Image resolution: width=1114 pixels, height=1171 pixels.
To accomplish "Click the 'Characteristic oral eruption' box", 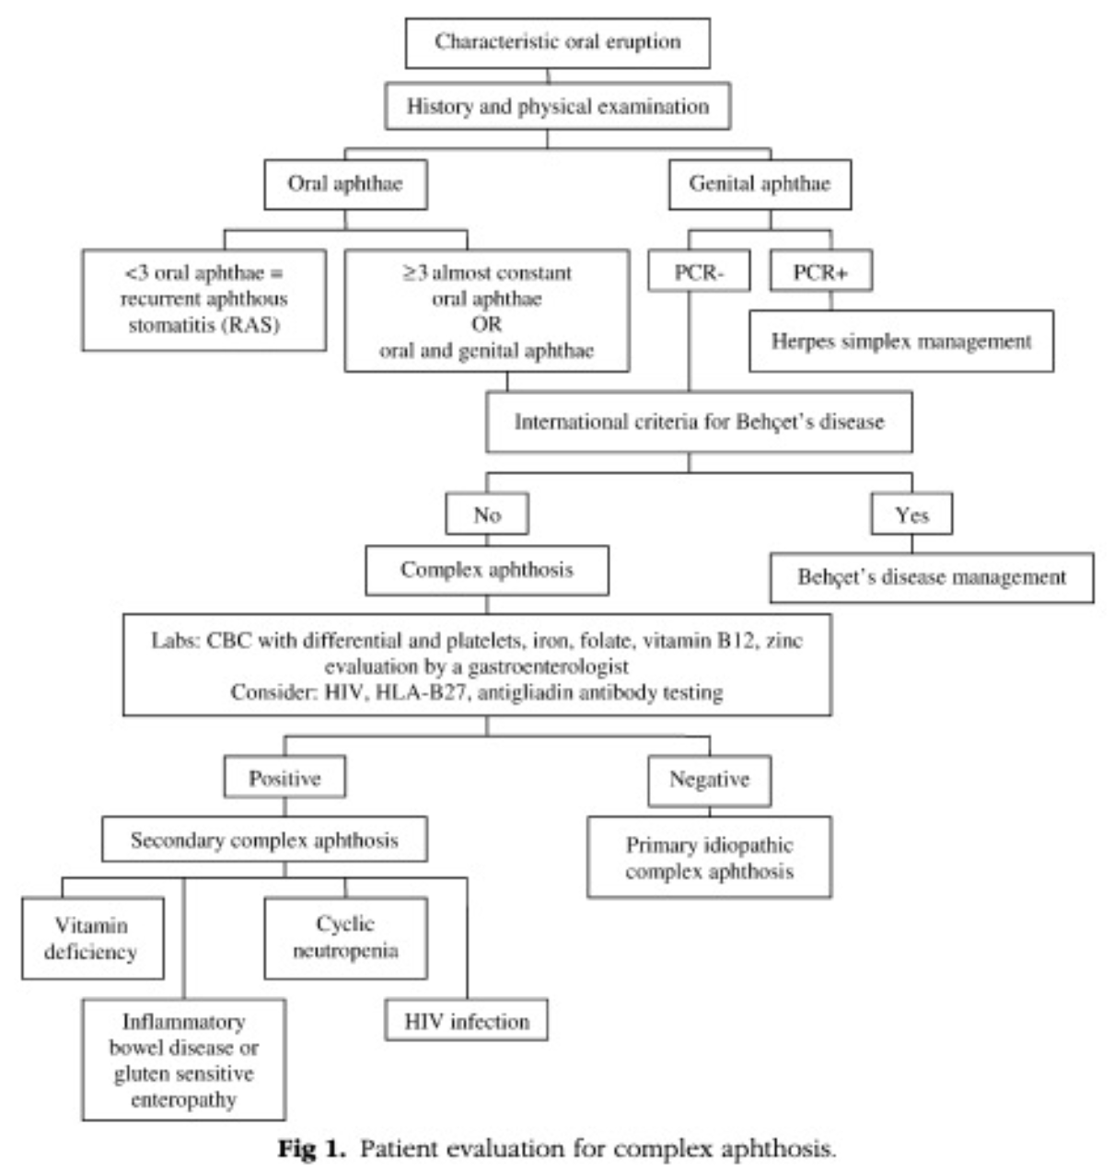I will [557, 42].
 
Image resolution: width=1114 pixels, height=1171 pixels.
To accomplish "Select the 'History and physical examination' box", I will [558, 107].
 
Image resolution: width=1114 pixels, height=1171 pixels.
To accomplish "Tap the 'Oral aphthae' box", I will [345, 183].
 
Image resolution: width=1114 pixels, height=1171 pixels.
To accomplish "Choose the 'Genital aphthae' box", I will [760, 183].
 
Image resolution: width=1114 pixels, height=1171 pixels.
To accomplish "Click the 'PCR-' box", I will [699, 272].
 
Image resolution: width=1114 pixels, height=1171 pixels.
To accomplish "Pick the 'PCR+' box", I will [819, 272].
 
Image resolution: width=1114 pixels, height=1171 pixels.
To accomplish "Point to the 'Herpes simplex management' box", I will [900, 342].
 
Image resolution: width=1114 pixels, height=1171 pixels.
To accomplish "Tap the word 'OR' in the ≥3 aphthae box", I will [487, 324].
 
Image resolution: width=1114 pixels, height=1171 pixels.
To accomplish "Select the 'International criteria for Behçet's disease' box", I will [699, 422].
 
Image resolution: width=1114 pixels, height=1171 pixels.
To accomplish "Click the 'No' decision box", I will [487, 516].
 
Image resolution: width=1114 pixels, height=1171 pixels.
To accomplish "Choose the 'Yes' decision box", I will [911, 516].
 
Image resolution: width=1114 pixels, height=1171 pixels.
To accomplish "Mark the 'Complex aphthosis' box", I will [487, 570].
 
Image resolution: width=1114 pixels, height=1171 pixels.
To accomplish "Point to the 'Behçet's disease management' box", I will [932, 578].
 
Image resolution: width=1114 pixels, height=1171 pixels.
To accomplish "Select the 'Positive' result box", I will [284, 779].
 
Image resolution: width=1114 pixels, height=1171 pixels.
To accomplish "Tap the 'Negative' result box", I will [709, 780].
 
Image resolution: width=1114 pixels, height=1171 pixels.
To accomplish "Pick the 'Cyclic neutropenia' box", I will [345, 937].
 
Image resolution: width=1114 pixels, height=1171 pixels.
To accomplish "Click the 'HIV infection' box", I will [467, 1021].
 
